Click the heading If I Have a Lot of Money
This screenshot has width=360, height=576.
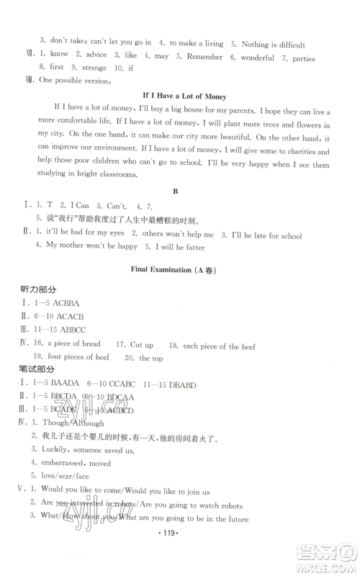pos(180,95)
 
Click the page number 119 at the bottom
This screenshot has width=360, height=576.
pos(180,556)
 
